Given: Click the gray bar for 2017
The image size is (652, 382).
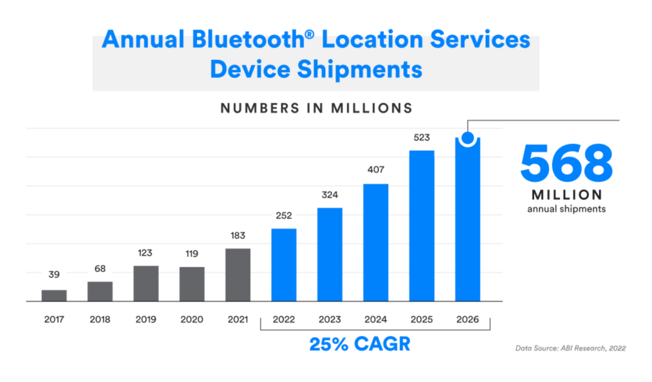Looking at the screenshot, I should (x=54, y=295).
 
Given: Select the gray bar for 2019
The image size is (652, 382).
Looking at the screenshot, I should (x=146, y=284).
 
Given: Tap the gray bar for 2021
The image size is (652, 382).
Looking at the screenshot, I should (x=238, y=275).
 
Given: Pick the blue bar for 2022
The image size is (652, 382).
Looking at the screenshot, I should (x=284, y=264).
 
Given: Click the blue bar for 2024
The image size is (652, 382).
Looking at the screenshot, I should (x=375, y=242).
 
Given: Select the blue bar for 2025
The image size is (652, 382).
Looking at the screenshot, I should (x=422, y=225).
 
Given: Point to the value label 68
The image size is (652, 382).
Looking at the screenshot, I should (x=100, y=269).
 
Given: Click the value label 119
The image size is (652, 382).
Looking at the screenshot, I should (x=192, y=254).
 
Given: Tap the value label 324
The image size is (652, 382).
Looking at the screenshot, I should (x=330, y=194).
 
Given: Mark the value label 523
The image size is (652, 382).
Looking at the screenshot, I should (x=422, y=137).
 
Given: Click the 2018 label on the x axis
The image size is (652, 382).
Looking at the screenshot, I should (x=100, y=319).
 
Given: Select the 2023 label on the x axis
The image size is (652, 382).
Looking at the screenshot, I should (x=330, y=319).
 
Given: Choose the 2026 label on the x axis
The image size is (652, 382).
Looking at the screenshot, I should (x=467, y=319).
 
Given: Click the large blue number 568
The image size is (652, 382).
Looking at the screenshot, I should (x=566, y=163).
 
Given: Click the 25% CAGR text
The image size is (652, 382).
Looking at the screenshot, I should (x=360, y=344).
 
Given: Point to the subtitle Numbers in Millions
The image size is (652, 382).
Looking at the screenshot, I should (x=316, y=108).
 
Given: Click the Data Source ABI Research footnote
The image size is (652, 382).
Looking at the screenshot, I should (x=570, y=348).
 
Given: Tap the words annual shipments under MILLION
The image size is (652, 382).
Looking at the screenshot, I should (x=566, y=209).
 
